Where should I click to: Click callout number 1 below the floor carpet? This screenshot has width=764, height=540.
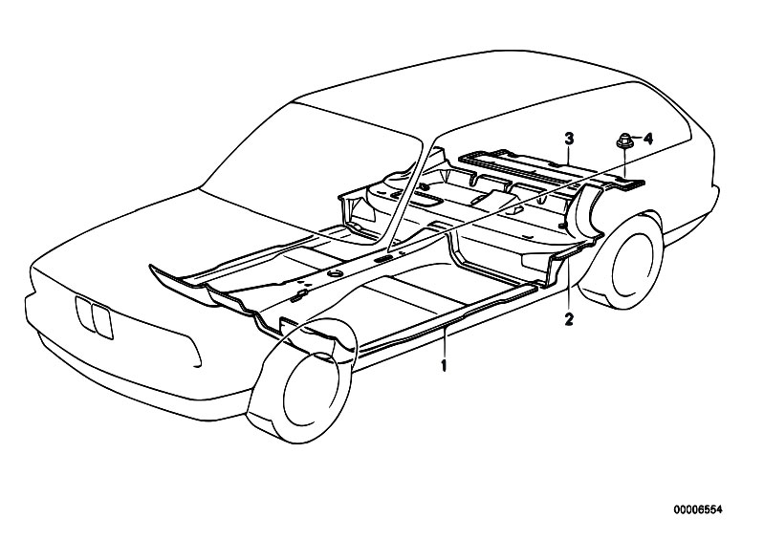coord(444,365)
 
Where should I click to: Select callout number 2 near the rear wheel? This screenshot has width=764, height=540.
coord(569,319)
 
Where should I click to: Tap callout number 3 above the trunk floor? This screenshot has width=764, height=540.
coord(569,139)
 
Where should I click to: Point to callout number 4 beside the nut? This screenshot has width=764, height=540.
coord(647,139)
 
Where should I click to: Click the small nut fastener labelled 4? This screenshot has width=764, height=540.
coord(624,140)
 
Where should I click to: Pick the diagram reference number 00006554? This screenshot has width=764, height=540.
coord(698,509)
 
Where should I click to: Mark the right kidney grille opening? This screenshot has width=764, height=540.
coord(103,321)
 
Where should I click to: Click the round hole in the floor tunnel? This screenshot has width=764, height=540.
coord(335,274)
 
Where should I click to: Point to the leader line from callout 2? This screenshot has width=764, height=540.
coord(569,286)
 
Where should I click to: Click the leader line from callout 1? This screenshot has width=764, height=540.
coord(444,343)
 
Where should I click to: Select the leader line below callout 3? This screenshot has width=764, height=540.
coord(569,155)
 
